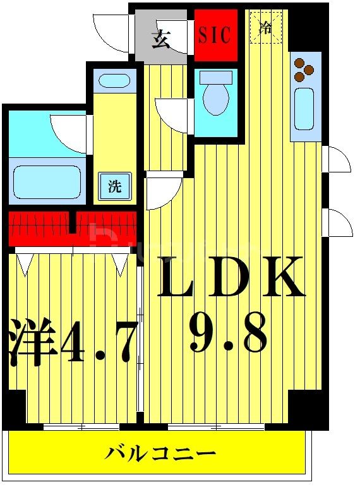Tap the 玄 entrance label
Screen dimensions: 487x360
point(161,39)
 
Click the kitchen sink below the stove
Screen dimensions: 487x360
point(304,109)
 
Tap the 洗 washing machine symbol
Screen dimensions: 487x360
point(114,186)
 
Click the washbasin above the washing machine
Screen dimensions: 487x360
point(114,81)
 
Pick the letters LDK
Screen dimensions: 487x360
point(231,277)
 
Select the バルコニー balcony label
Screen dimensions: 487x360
point(161,454)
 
